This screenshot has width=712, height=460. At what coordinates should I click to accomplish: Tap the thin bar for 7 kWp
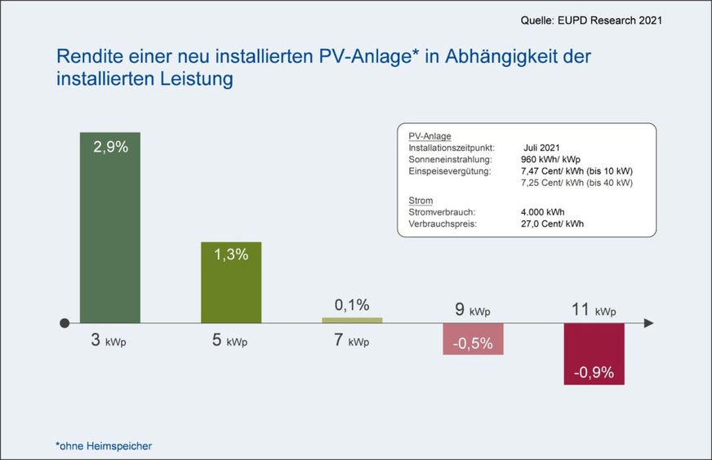click(x=352, y=320)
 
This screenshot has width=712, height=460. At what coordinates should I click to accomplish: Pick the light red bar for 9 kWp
click(x=473, y=338)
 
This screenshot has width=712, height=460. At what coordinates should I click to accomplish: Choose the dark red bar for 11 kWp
click(x=594, y=354)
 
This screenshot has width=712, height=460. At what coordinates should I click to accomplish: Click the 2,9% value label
click(x=110, y=148)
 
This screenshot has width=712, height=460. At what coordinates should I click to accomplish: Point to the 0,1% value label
click(x=352, y=305)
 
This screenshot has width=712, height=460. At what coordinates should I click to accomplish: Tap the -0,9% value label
click(x=594, y=373)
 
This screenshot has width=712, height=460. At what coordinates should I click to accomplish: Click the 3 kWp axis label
click(x=107, y=341)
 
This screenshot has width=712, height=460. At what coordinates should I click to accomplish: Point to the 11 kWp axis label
click(x=593, y=311)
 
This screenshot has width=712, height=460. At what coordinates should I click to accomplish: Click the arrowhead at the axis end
click(x=648, y=323)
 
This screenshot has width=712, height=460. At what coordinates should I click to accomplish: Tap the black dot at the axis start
click(x=65, y=323)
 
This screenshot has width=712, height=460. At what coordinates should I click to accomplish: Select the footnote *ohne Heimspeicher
click(x=103, y=445)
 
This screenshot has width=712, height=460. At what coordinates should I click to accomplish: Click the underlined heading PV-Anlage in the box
click(x=429, y=136)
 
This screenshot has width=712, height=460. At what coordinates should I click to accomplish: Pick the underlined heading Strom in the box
click(x=420, y=200)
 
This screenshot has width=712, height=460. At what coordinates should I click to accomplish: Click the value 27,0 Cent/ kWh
click(x=553, y=223)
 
